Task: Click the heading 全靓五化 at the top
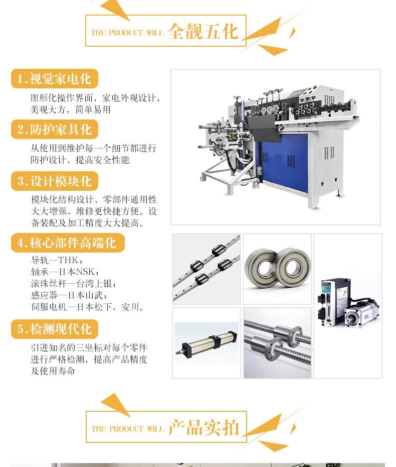203,31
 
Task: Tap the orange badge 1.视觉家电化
55,79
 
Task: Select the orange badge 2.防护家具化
55,129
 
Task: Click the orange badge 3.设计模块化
55,181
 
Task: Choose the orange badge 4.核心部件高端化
68,243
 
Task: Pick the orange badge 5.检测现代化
55,329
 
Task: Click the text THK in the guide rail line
68,260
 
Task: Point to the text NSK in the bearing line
85,272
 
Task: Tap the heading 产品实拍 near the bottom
204,428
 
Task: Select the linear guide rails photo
207,269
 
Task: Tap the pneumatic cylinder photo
207,343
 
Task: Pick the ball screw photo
277,343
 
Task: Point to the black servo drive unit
334,303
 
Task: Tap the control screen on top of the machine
297,92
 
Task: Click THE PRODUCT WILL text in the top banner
127,33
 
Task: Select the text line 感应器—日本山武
69,295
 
